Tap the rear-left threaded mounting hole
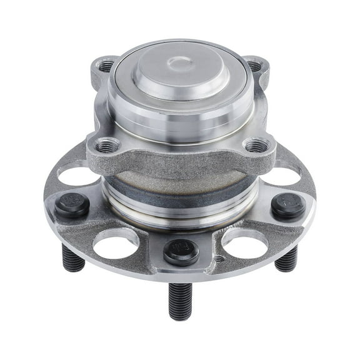coord(106,65)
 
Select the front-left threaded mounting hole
coord(107,146)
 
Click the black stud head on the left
coord(71,206)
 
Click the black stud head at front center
coord(181,251)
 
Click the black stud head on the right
coord(288,205)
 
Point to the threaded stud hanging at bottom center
coord(181,300)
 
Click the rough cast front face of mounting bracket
coord(181,159)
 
